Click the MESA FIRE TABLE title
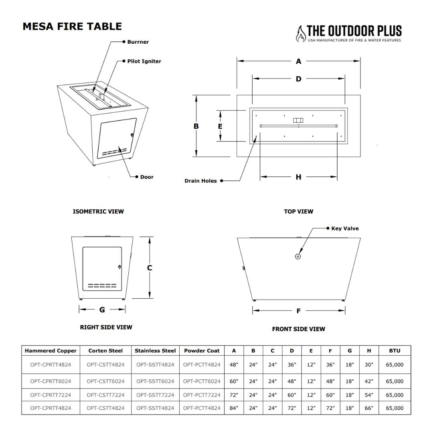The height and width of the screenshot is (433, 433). [72, 26]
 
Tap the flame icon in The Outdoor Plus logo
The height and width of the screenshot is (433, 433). [300, 34]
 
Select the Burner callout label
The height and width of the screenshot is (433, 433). [138, 42]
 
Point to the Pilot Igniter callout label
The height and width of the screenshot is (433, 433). [144, 61]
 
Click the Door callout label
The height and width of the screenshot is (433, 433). [147, 177]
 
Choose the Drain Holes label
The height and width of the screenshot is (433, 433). [200, 181]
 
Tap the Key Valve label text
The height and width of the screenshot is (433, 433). [345, 229]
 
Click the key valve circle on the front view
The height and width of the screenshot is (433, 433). [298, 256]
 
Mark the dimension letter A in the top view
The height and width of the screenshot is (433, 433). [298, 61]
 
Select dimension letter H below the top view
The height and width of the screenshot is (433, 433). [298, 177]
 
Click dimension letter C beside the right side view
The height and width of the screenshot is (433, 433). [150, 268]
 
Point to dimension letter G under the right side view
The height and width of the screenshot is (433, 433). [102, 310]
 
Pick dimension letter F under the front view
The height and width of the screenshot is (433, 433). [298, 311]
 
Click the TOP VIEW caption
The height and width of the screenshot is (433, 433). [298, 211]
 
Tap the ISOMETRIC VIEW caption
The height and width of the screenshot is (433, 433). [98, 211]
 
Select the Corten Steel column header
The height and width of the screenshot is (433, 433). [105, 350]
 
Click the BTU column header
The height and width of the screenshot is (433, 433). [395, 350]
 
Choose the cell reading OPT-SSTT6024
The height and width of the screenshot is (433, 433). [155, 381]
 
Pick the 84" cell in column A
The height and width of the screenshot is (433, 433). [234, 408]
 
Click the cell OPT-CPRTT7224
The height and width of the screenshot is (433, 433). [51, 395]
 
